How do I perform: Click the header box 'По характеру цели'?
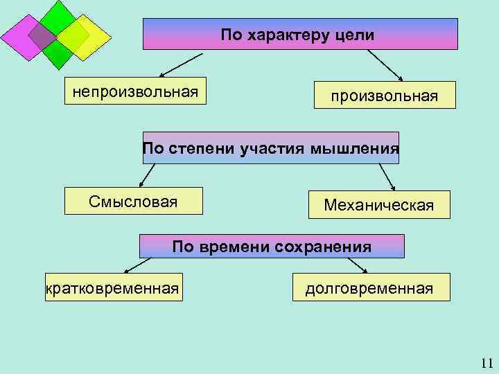tap(300, 34)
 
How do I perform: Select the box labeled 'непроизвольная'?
tap(136, 91)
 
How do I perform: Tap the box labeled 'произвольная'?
tap(385, 95)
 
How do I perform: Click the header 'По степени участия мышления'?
tap(270, 148)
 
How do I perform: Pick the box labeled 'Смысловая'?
tap(133, 202)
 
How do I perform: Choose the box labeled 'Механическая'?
tap(378, 205)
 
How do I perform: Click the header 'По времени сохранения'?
tap(272, 247)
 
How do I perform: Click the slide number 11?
tap(485, 363)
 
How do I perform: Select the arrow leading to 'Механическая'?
tap(386, 176)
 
